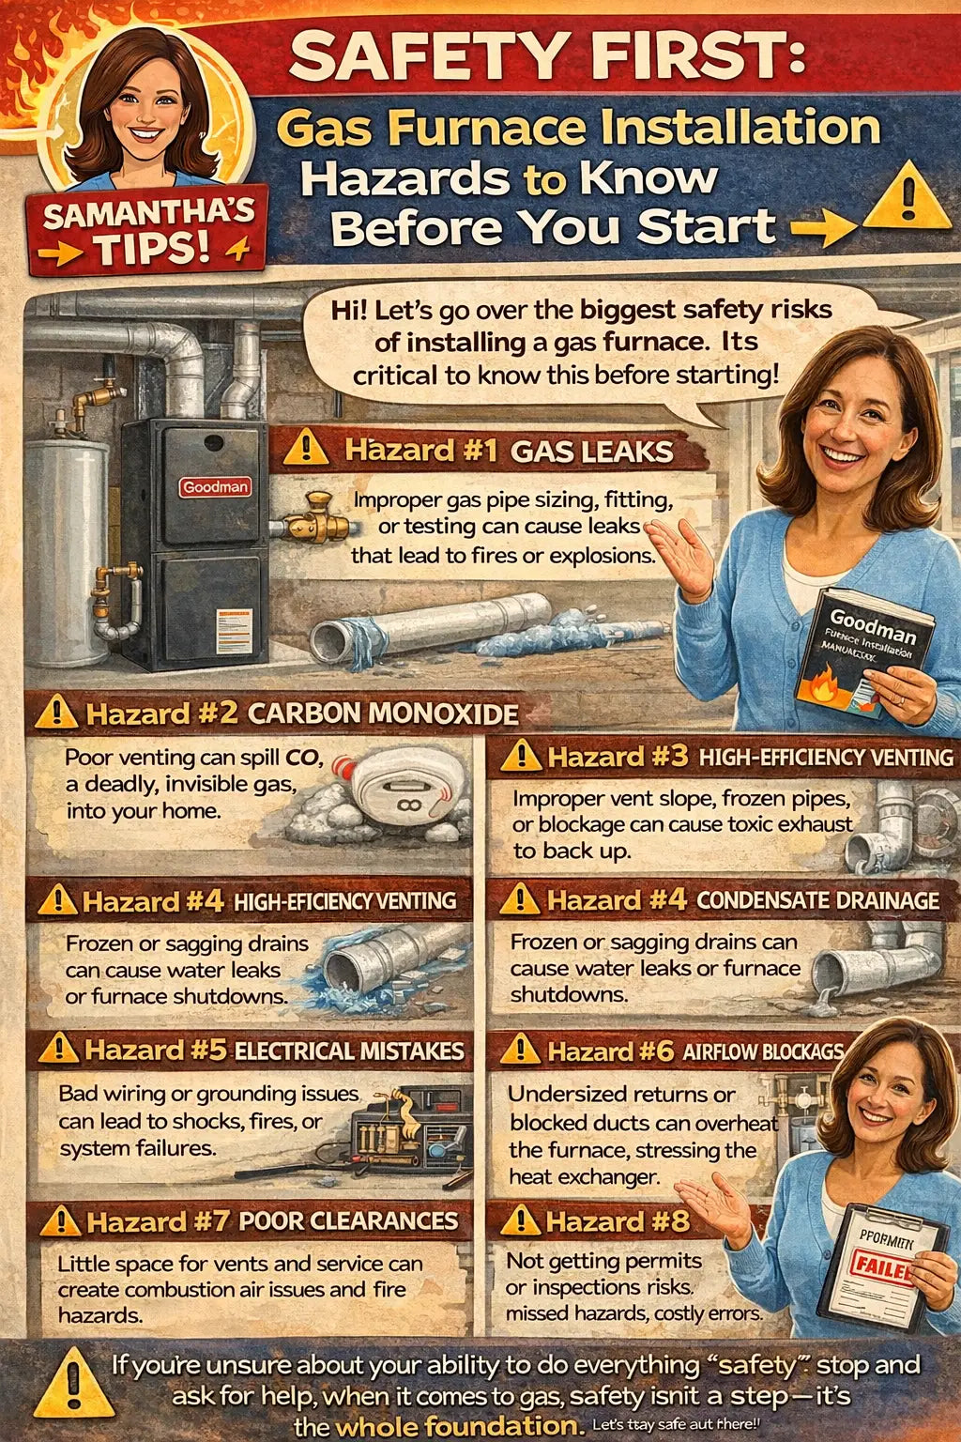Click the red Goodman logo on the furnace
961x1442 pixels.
tap(216, 486)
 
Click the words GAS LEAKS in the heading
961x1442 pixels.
tap(591, 452)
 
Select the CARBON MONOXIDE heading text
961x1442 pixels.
tap(383, 713)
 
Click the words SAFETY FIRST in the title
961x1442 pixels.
tap(547, 58)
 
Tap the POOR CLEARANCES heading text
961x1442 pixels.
tap(348, 1220)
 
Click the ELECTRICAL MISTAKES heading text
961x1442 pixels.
tap(349, 1051)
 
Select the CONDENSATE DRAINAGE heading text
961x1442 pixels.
tap(817, 900)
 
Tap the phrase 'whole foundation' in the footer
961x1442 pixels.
tap(454, 1426)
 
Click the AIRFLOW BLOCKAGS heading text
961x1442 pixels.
tap(762, 1051)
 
